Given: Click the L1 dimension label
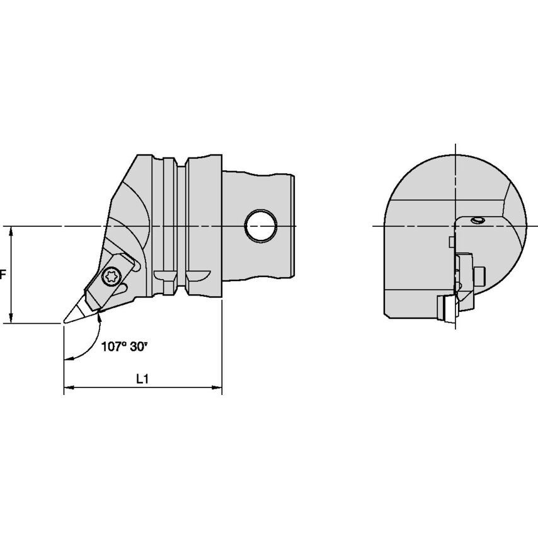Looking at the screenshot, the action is pyautogui.click(x=142, y=379).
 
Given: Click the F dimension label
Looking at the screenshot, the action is pyautogui.click(x=3, y=275).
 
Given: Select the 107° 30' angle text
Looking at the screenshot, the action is pyautogui.click(x=124, y=347).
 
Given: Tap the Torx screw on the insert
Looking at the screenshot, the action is pyautogui.click(x=111, y=275).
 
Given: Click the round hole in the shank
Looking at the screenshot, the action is pyautogui.click(x=261, y=226).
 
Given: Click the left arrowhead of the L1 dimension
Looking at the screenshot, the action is pyautogui.click(x=69, y=387).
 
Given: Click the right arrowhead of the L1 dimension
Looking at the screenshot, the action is pyautogui.click(x=217, y=387).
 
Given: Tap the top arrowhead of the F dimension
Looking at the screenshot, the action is pyautogui.click(x=11, y=231).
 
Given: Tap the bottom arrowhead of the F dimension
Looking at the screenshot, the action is pyautogui.click(x=11, y=318).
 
